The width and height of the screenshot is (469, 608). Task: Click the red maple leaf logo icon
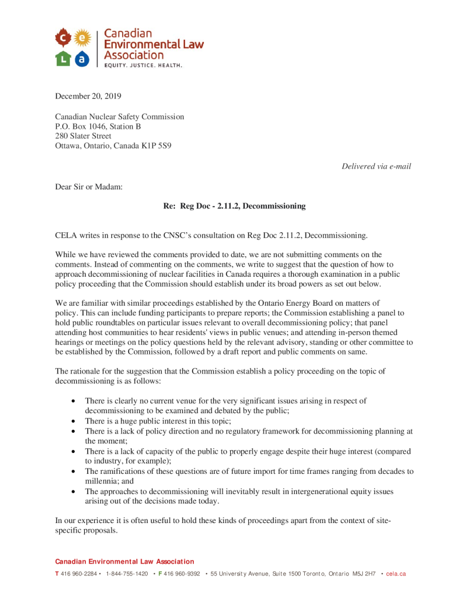tap(64, 39)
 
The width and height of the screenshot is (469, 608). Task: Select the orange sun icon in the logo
tap(82, 39)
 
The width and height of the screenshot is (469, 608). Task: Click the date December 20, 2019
tap(88, 96)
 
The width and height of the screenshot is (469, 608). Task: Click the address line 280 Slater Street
tap(83, 136)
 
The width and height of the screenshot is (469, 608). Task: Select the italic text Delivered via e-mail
tap(376, 166)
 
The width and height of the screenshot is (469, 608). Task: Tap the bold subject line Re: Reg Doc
tap(234, 206)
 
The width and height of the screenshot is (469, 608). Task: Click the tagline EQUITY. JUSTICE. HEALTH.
tap(143, 65)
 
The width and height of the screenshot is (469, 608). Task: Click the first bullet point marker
tap(73, 401)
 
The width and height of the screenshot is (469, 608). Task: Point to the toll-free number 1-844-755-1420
tap(126, 574)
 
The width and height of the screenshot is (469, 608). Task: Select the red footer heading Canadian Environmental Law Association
tap(125, 562)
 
